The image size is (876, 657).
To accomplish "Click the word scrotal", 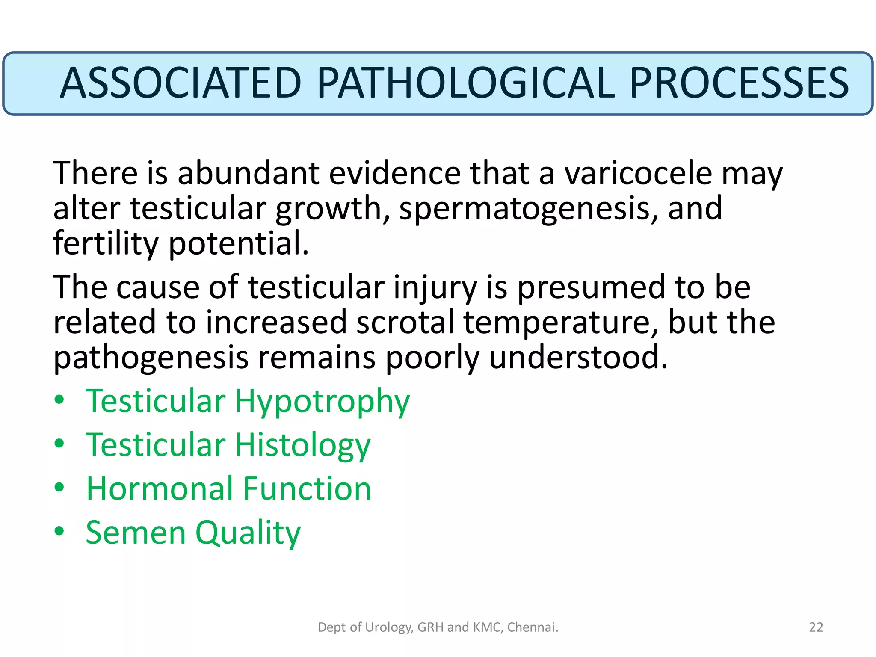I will (x=405, y=323).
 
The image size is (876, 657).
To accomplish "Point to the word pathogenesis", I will (x=151, y=358).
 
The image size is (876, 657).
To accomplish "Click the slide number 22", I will (x=816, y=627).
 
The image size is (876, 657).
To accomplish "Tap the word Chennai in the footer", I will (x=532, y=627).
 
